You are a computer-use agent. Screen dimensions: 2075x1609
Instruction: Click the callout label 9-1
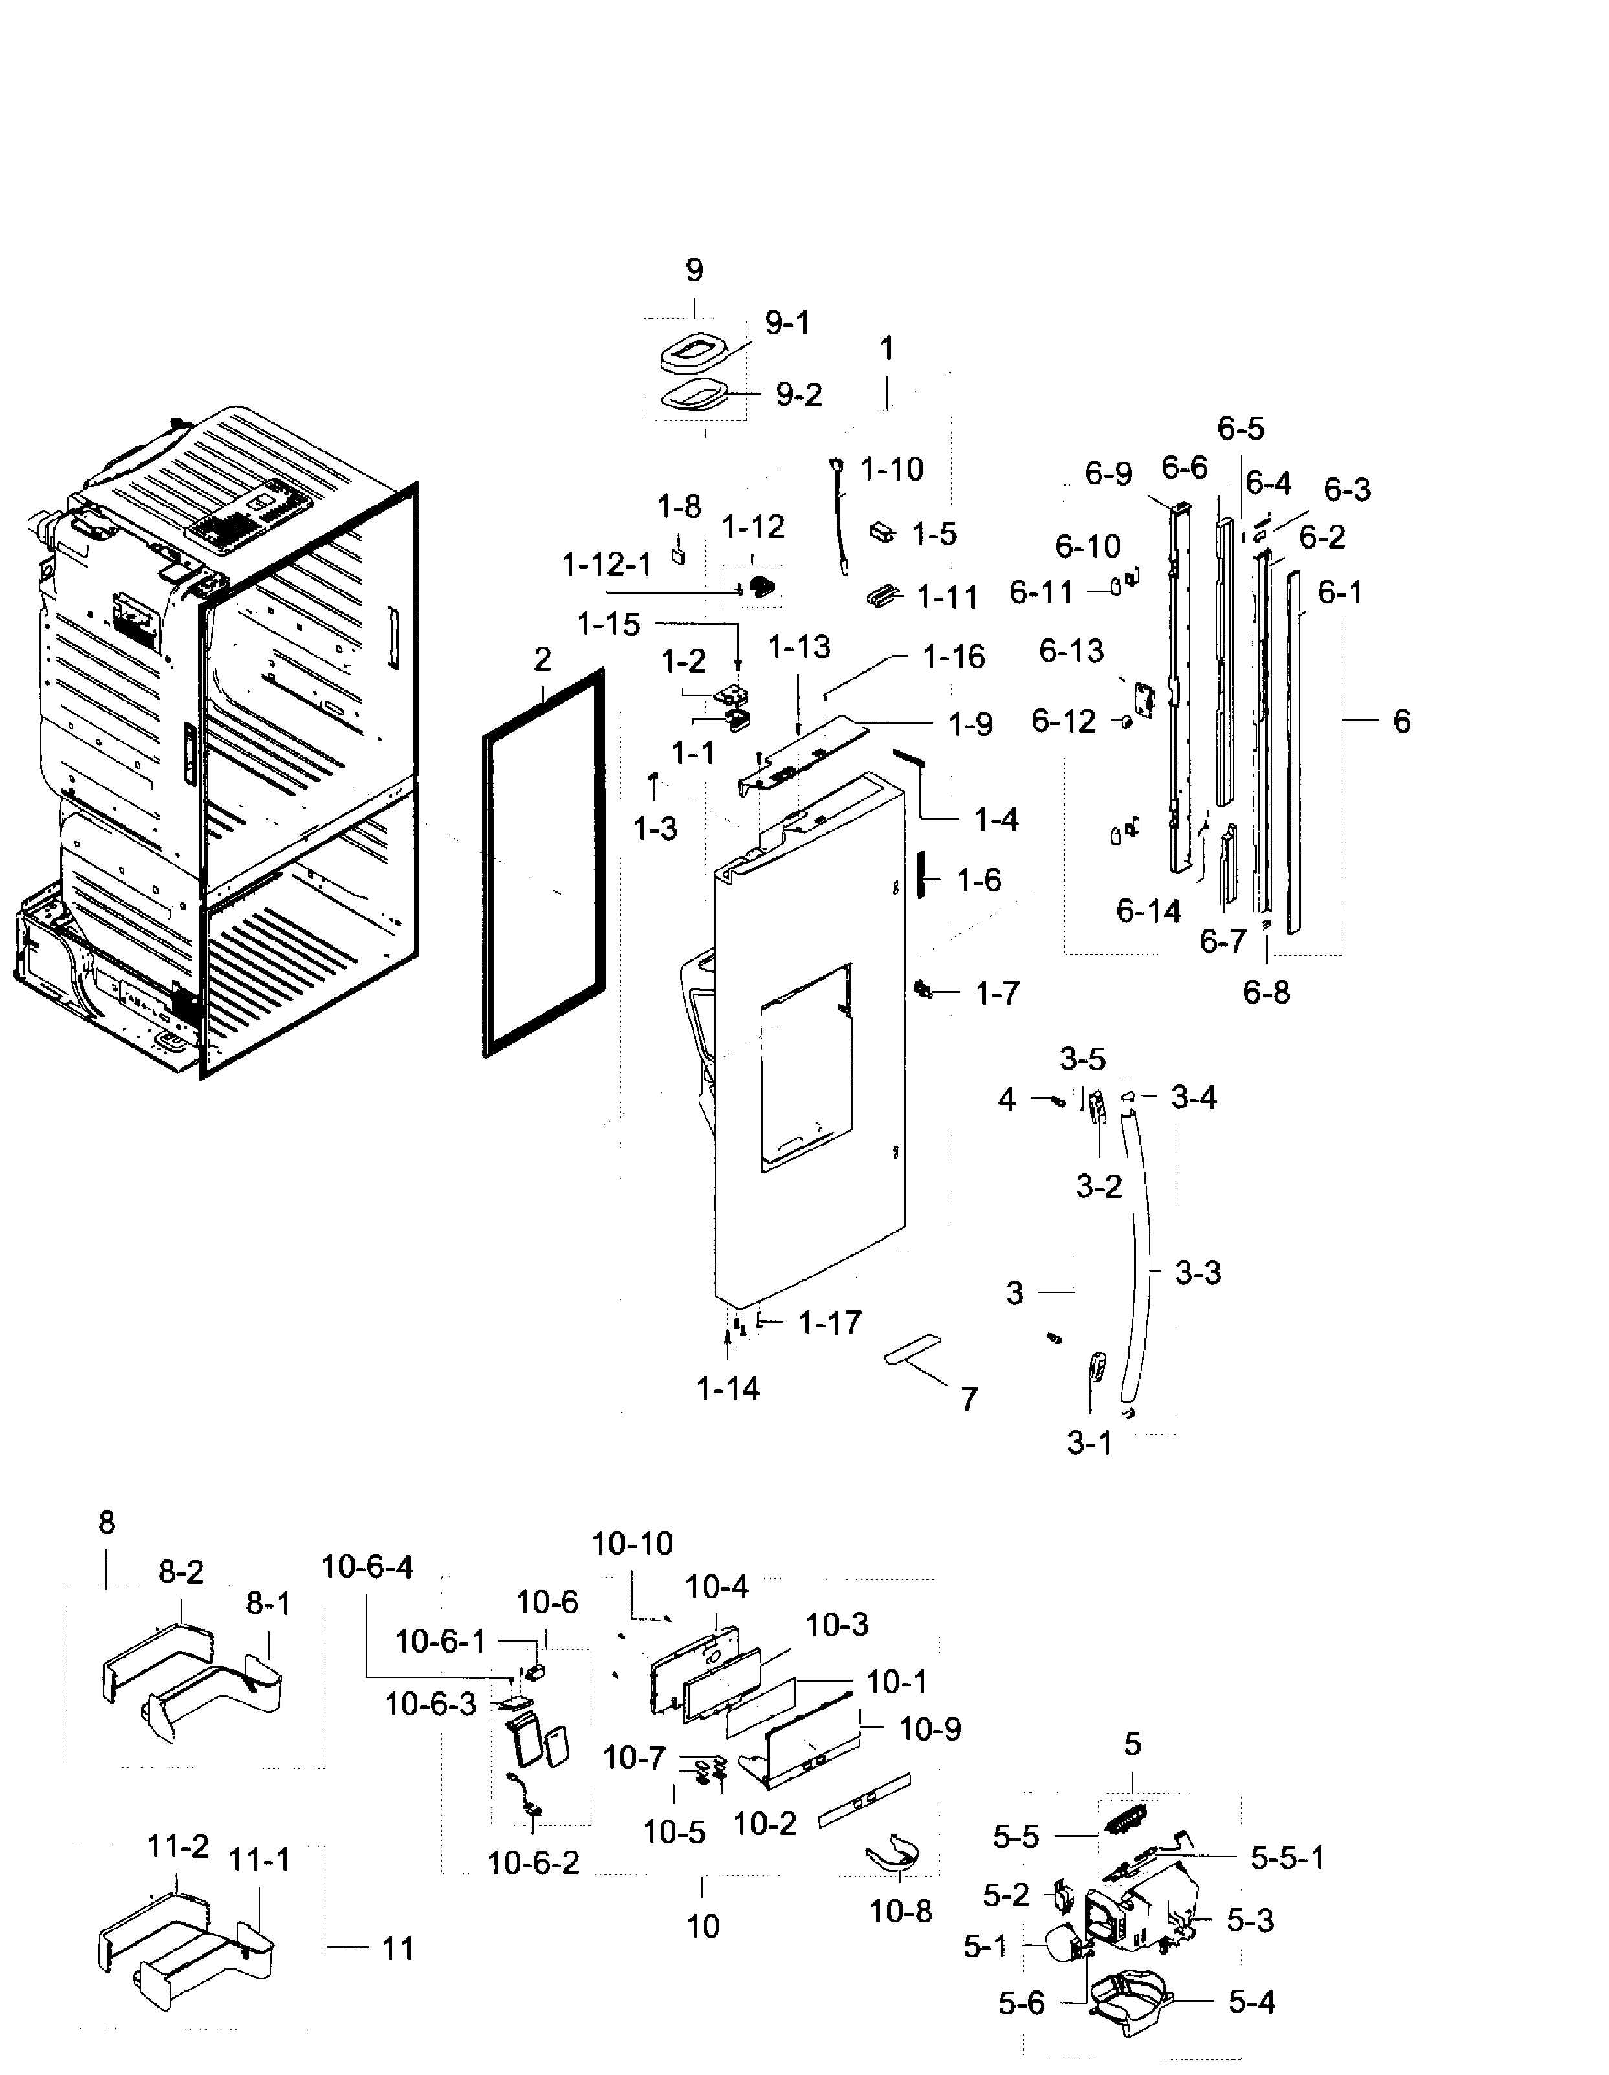(788, 324)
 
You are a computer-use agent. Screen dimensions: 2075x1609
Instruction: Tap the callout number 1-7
(997, 994)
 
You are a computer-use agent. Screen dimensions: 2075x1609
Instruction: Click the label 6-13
(1071, 651)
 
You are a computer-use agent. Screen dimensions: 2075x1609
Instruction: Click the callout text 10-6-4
(367, 1567)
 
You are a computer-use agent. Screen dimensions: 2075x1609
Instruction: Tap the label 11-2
(178, 1846)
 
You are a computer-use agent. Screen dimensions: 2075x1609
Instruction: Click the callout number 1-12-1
(606, 565)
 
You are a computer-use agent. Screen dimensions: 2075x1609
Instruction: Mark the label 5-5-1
(1287, 1858)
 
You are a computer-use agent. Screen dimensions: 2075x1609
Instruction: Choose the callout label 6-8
(1266, 993)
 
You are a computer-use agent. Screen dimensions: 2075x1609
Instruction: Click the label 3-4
(1194, 1098)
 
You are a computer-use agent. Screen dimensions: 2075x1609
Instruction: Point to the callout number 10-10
(632, 1544)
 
